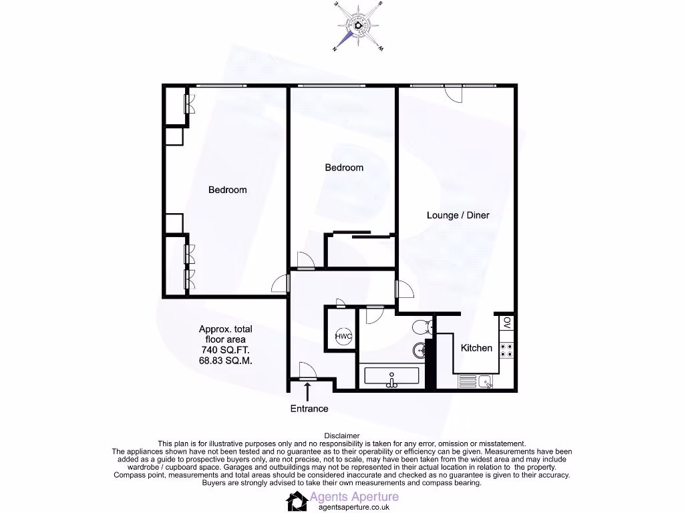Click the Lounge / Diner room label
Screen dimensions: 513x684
click(x=458, y=215)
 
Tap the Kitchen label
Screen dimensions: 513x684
click(x=476, y=348)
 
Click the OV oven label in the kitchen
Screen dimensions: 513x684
click(x=507, y=323)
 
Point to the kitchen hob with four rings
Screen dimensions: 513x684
click(x=506, y=349)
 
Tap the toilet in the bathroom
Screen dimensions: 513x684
click(x=421, y=327)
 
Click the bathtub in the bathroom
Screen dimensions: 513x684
click(x=391, y=377)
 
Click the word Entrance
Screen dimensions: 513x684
click(x=309, y=409)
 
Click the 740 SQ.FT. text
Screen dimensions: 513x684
click(x=225, y=350)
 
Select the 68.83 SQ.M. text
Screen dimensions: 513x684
click(x=225, y=361)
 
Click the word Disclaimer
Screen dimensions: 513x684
click(x=341, y=436)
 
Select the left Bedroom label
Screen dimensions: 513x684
click(x=227, y=190)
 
